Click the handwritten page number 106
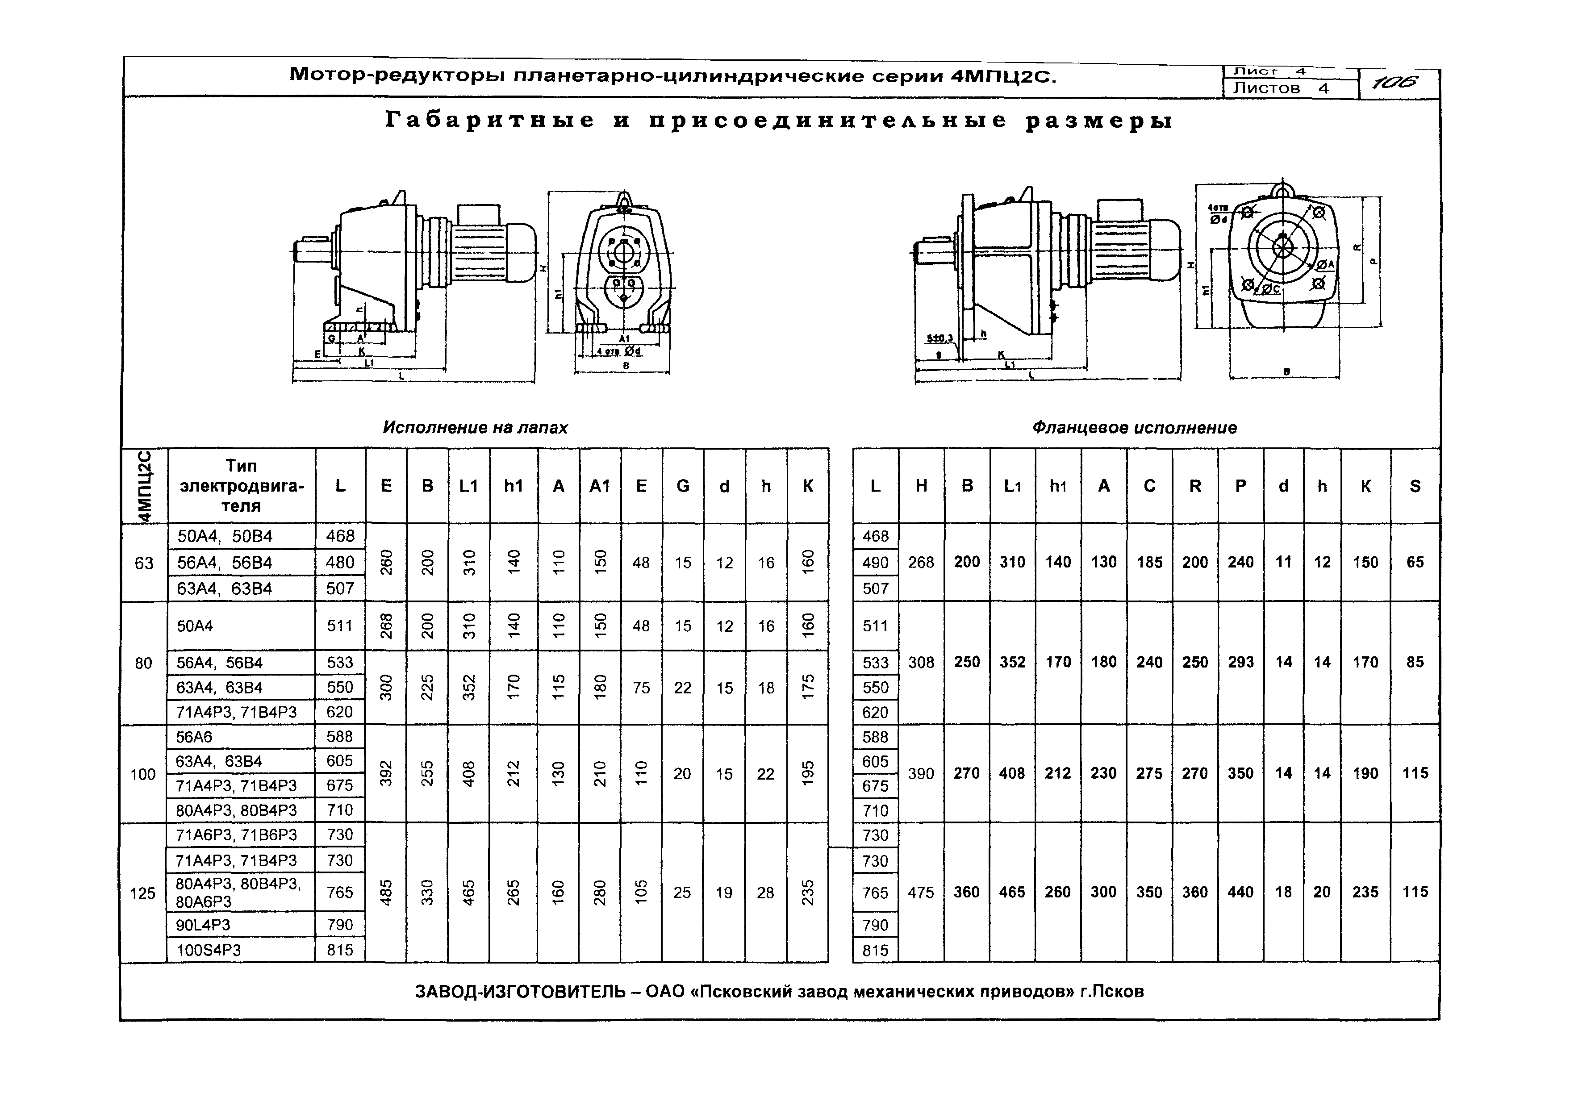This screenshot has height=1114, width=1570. pos(1396,83)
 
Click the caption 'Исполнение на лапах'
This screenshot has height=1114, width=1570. pos(475,427)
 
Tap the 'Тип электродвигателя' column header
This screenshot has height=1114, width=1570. pos(242,486)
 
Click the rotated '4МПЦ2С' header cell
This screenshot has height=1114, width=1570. pos(144,486)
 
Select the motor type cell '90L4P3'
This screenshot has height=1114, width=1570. pos(203,925)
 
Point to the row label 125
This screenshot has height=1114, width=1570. pos(142,893)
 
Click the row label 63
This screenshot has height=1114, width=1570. pos(144,563)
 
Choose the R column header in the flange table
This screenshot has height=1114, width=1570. pos(1195,486)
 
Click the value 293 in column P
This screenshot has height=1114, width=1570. pos(1240,662)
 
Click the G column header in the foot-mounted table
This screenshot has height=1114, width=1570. pos(682,486)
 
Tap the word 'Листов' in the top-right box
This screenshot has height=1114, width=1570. pos(1266,88)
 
